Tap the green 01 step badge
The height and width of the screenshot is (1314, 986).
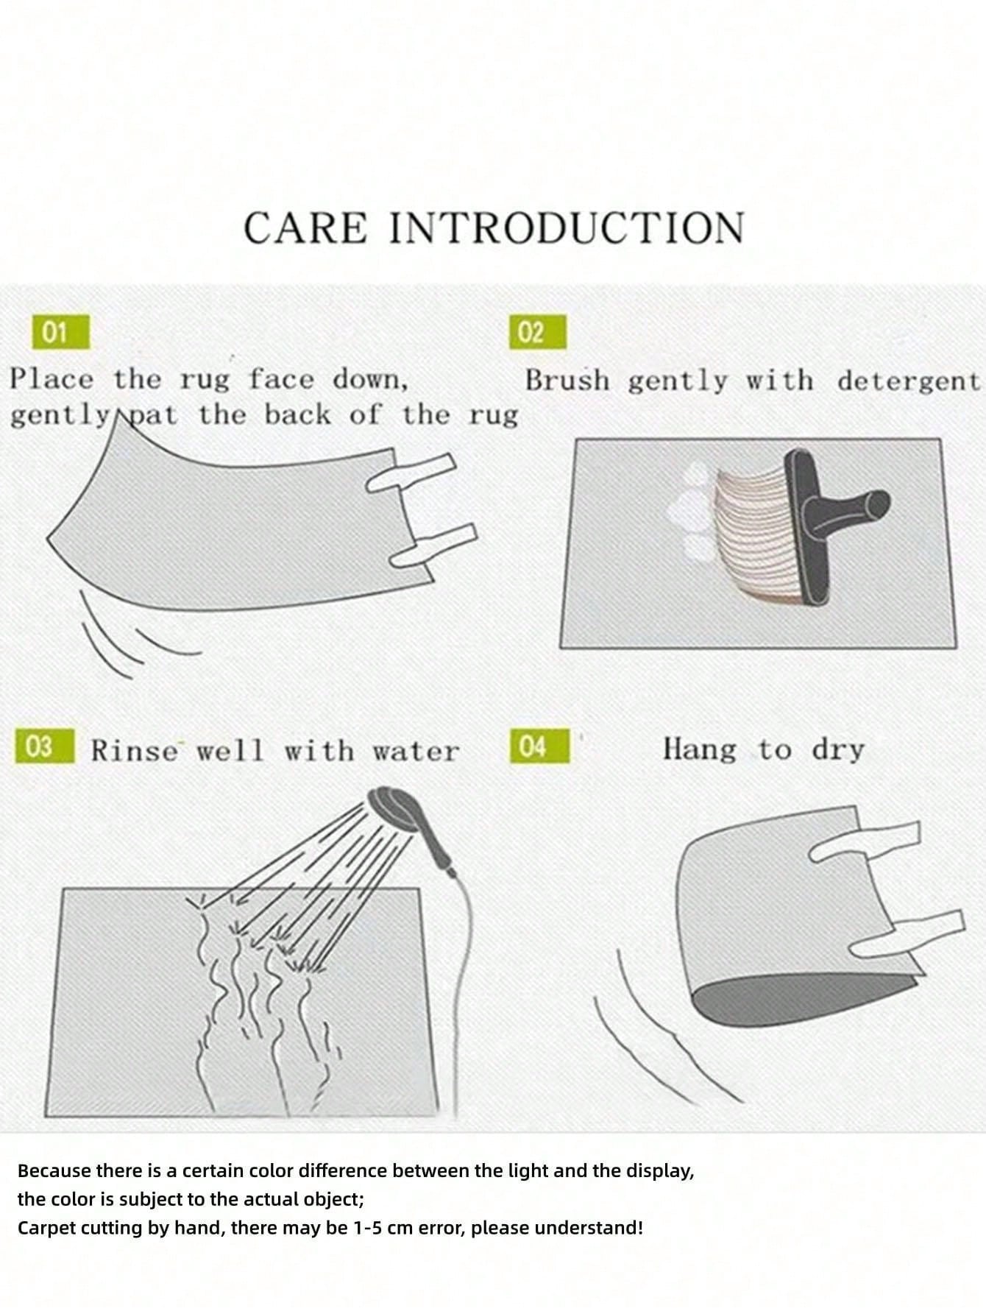click(x=60, y=332)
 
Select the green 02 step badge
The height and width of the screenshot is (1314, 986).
click(x=538, y=332)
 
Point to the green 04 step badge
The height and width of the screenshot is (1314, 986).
click(x=539, y=746)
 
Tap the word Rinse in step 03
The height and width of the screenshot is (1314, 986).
click(x=135, y=751)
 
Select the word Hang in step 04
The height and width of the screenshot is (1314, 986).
click(x=699, y=749)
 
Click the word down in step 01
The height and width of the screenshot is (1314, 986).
click(x=370, y=381)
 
